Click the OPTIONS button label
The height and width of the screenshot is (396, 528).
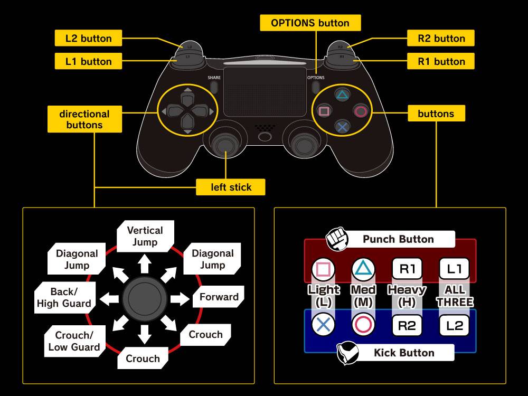coord(310,23)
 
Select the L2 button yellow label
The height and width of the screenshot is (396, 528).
coord(89,39)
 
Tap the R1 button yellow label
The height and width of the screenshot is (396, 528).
coord(441,61)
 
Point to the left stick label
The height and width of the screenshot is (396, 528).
coord(231,187)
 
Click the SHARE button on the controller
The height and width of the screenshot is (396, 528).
coord(214,86)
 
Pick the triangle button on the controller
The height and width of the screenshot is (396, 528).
coord(342,96)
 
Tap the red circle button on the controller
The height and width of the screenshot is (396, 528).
coord(361,111)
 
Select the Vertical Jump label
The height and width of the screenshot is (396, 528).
coord(145,236)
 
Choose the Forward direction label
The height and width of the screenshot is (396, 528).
coord(219,297)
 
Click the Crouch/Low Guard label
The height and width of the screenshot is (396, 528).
coord(74,341)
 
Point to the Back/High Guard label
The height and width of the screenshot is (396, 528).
coord(64,297)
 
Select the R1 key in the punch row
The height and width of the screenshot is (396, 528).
coord(407,269)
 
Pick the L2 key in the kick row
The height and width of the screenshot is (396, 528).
coord(454,325)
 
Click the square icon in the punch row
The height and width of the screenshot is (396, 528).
coord(323,269)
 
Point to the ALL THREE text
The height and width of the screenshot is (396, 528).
coord(455,296)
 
